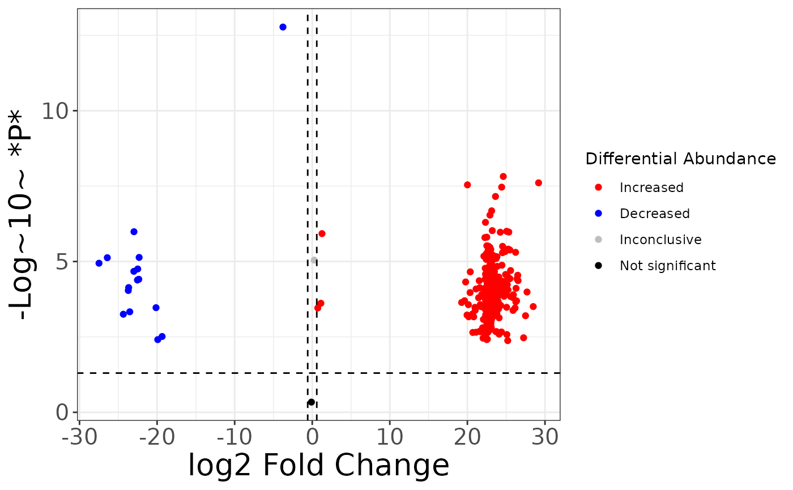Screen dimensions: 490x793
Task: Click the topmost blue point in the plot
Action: coord(283,27)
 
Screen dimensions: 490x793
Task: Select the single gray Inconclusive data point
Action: coord(314,260)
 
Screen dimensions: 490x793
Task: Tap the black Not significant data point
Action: coord(311,402)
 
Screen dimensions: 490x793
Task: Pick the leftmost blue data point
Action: coord(99,263)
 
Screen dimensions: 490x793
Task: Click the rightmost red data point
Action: coord(538,183)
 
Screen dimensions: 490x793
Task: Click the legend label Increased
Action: coord(651,188)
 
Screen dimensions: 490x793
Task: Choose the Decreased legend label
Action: coord(654,214)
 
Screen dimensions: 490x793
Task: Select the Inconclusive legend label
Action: coord(660,240)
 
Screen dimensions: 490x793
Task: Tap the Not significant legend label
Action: coord(667,266)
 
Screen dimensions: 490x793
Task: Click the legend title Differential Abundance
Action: coord(680,159)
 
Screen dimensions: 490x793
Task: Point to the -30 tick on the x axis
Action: coord(79,438)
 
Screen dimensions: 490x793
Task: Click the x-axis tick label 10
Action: coord(389,438)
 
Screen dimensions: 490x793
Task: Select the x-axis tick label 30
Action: coord(544,438)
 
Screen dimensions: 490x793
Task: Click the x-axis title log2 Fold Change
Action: coord(318,466)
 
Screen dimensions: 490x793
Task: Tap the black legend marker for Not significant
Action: coord(599,266)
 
